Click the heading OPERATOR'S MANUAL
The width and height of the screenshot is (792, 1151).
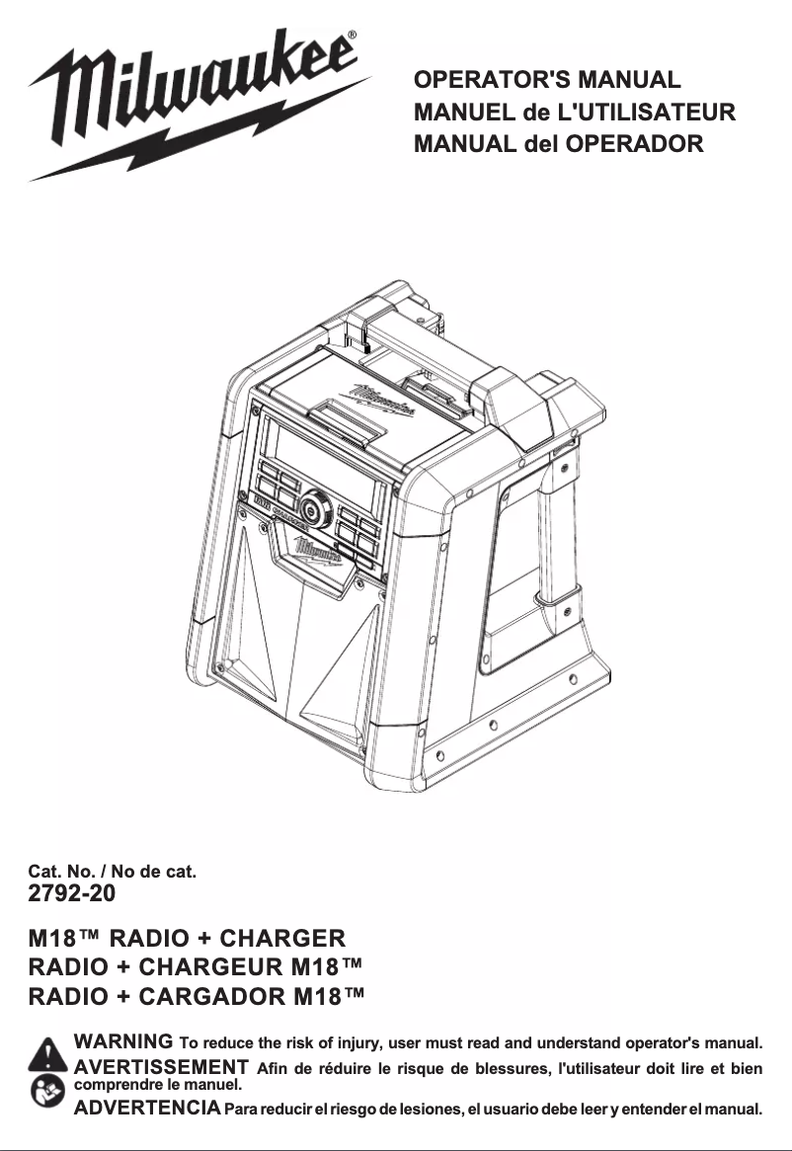coord(547,79)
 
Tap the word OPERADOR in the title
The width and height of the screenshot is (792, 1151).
coord(634,143)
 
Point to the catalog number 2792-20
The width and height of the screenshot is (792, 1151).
coord(72,893)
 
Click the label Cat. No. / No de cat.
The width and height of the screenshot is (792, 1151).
coord(113,872)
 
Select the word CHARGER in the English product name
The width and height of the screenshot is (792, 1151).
coord(282,938)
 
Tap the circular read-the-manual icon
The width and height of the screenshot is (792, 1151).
coord(47,1091)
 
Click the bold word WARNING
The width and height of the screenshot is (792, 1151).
coord(123,1040)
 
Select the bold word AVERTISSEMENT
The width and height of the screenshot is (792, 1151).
coord(162,1066)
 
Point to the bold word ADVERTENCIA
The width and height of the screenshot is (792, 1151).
coord(147,1107)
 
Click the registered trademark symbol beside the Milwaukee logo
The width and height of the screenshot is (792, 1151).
coord(352,35)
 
